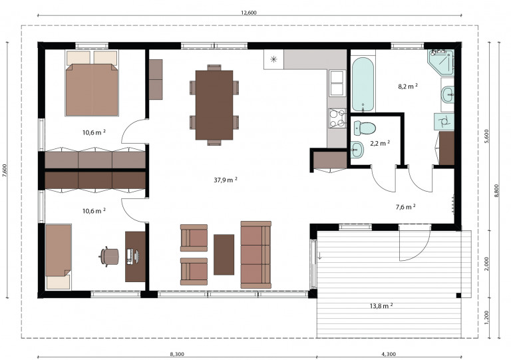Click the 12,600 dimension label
click(249, 13)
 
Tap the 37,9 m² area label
click(225, 180)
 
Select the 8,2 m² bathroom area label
click(408, 87)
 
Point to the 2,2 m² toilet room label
click(380, 143)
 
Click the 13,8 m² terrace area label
click(381, 306)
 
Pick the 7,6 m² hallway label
click(405, 207)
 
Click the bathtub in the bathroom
click(363, 85)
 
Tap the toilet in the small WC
click(365, 128)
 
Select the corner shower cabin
click(441, 61)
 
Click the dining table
click(214, 105)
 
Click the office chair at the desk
click(109, 257)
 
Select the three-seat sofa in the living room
click(255, 255)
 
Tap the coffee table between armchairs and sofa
click(224, 255)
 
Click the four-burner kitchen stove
click(337, 118)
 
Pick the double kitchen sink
click(337, 83)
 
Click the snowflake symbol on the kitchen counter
click(273, 59)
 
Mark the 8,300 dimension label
click(177, 354)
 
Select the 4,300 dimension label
click(389, 354)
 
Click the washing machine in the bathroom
click(444, 122)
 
